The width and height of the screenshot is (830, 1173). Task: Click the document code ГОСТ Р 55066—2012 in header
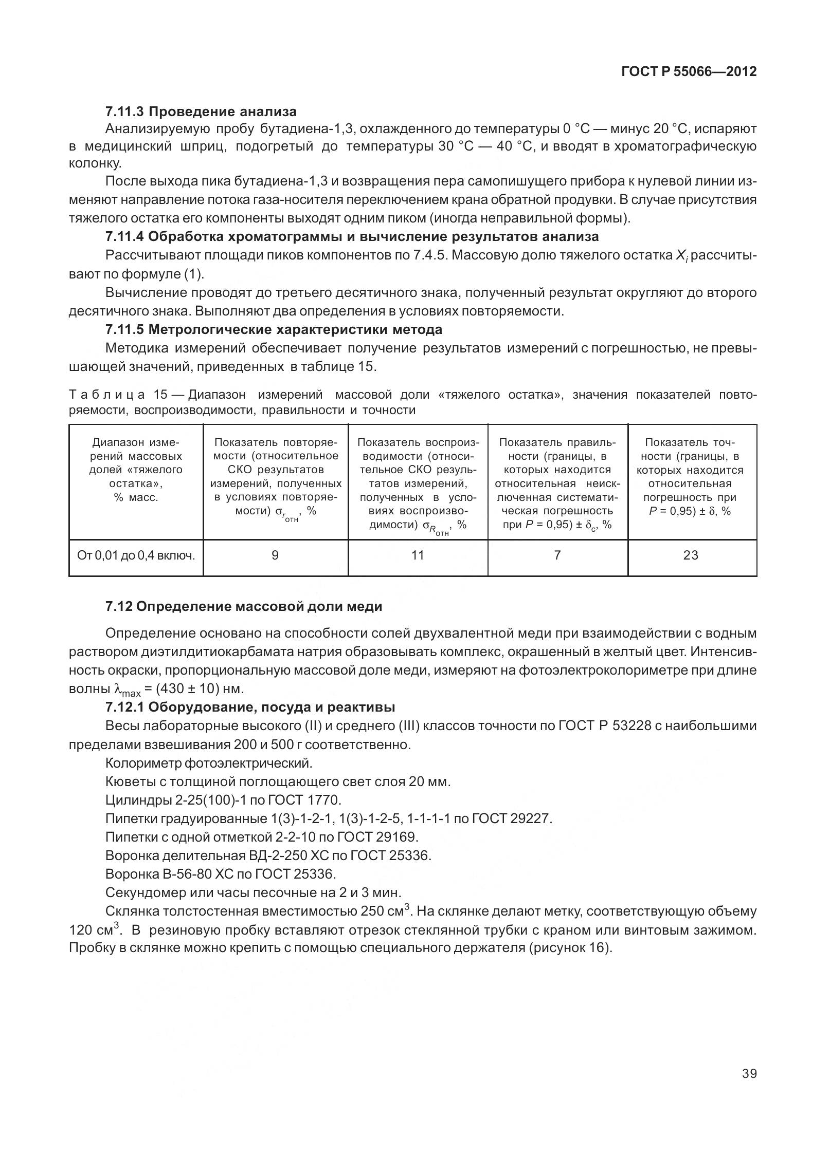[x=689, y=72]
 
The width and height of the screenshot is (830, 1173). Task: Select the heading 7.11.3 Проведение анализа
[x=201, y=111]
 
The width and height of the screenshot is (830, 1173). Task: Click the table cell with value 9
[x=275, y=555]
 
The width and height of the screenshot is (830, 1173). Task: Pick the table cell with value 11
[x=418, y=555]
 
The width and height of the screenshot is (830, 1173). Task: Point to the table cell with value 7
[x=557, y=555]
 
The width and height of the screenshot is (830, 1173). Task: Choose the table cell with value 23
[x=691, y=555]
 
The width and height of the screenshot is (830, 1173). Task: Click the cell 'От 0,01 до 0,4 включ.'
[x=136, y=555]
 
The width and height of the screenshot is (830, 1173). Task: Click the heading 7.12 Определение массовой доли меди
[x=244, y=607]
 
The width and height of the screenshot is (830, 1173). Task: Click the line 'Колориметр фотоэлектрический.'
[x=209, y=763]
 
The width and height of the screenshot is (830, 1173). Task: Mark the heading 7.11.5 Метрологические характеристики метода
[x=274, y=329]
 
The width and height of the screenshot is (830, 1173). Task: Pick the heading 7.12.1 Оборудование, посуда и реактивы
[x=250, y=707]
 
